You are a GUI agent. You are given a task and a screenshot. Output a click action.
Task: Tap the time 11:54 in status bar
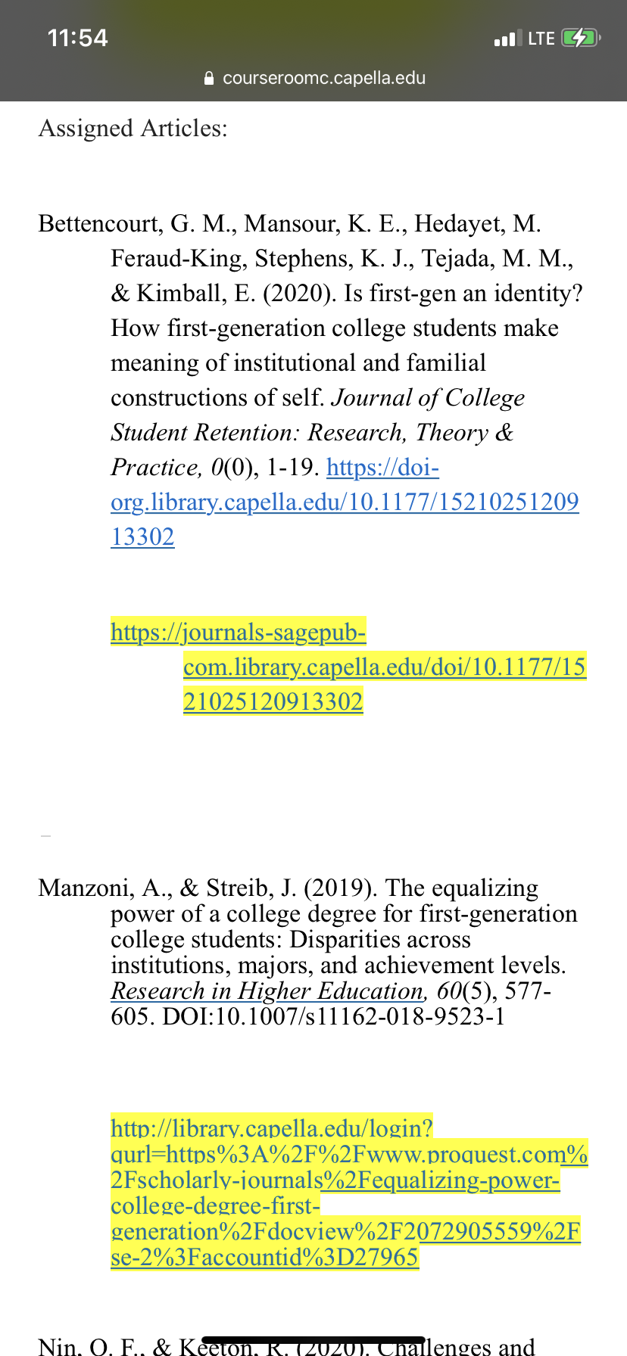coord(77,38)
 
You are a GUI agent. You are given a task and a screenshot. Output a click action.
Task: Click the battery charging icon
coord(580,38)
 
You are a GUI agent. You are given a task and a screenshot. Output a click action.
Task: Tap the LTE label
coord(541,39)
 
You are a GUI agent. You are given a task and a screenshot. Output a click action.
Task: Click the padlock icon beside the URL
coord(210,79)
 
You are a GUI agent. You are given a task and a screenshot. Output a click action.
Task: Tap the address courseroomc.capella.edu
coord(324,78)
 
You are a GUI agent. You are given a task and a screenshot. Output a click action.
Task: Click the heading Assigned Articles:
coord(133,129)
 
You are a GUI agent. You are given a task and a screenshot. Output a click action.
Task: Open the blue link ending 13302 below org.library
coord(142,537)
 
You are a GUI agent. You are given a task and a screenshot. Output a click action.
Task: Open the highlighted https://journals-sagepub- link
coord(238,632)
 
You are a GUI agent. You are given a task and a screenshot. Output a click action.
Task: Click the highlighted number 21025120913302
coord(273,701)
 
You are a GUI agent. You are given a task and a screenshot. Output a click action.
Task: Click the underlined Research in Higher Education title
coord(267,991)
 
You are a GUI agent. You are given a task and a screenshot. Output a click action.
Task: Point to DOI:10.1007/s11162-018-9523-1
coord(333,1016)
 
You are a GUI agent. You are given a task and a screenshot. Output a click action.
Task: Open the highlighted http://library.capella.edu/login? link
coord(271,1128)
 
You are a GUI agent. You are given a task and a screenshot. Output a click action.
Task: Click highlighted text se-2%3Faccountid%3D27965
coord(264,1257)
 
